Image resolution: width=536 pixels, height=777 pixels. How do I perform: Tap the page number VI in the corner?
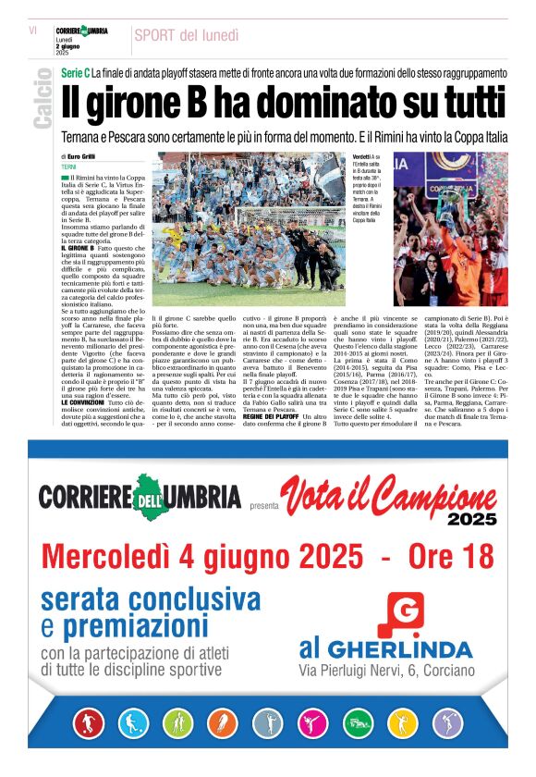coord(32,30)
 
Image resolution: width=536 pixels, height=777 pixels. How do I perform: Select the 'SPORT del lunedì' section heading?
coord(186,35)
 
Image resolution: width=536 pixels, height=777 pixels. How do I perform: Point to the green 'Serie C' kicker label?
coord(74,72)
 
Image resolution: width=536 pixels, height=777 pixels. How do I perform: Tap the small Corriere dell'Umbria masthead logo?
coord(80,31)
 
